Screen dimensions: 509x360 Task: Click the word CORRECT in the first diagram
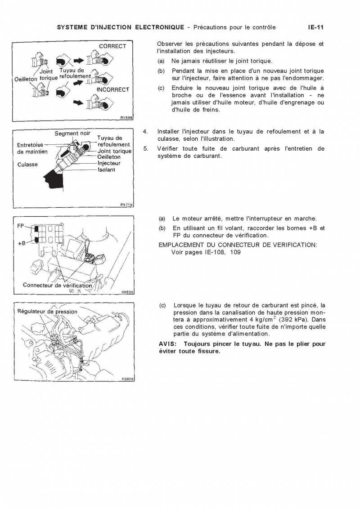click(x=112, y=46)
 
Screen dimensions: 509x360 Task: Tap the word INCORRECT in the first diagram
click(x=113, y=89)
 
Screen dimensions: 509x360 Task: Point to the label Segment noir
click(x=72, y=134)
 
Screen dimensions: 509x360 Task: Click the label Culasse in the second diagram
click(x=27, y=165)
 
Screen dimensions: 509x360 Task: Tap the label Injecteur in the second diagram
click(x=110, y=164)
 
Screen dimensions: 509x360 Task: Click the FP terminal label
click(x=21, y=226)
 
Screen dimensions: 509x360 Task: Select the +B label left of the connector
click(x=21, y=243)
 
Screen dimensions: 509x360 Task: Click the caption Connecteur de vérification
click(x=57, y=285)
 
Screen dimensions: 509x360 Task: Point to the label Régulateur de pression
click(x=47, y=311)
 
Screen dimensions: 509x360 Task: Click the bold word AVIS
click(x=168, y=344)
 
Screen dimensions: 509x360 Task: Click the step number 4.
click(x=145, y=131)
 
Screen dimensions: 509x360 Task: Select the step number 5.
click(x=145, y=149)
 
